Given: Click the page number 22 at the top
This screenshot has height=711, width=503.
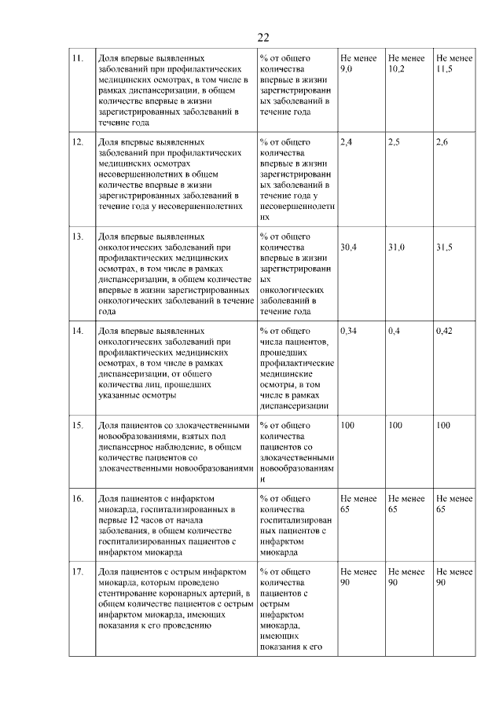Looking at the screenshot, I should (x=263, y=37).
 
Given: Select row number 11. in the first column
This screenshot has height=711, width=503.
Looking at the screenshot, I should (x=78, y=58).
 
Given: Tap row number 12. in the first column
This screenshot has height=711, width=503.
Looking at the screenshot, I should (x=78, y=142).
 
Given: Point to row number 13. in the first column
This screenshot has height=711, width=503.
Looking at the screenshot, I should (x=78, y=236).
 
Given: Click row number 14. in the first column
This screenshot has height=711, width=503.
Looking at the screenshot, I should (x=78, y=331).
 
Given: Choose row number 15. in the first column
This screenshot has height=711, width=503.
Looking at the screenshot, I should (x=78, y=425).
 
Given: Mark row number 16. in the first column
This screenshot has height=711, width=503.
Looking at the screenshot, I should (x=78, y=498).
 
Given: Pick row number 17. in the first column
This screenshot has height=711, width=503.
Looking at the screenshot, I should (x=78, y=571).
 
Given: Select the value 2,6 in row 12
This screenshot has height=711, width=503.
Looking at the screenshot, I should (x=442, y=142).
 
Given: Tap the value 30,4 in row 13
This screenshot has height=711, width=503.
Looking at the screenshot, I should (x=348, y=247).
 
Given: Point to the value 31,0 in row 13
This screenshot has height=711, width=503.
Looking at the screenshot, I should (x=397, y=247).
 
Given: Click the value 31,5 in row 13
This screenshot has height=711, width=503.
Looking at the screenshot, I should (x=445, y=247).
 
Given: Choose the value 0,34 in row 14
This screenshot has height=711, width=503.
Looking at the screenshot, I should (x=348, y=331).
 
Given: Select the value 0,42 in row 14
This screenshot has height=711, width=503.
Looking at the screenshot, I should (x=445, y=331).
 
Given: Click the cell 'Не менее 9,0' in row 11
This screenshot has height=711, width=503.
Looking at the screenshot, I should (x=358, y=64).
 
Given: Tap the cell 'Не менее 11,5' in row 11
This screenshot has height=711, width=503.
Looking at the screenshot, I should (x=454, y=64).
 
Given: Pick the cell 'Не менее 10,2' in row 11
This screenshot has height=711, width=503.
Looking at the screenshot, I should (x=406, y=64).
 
